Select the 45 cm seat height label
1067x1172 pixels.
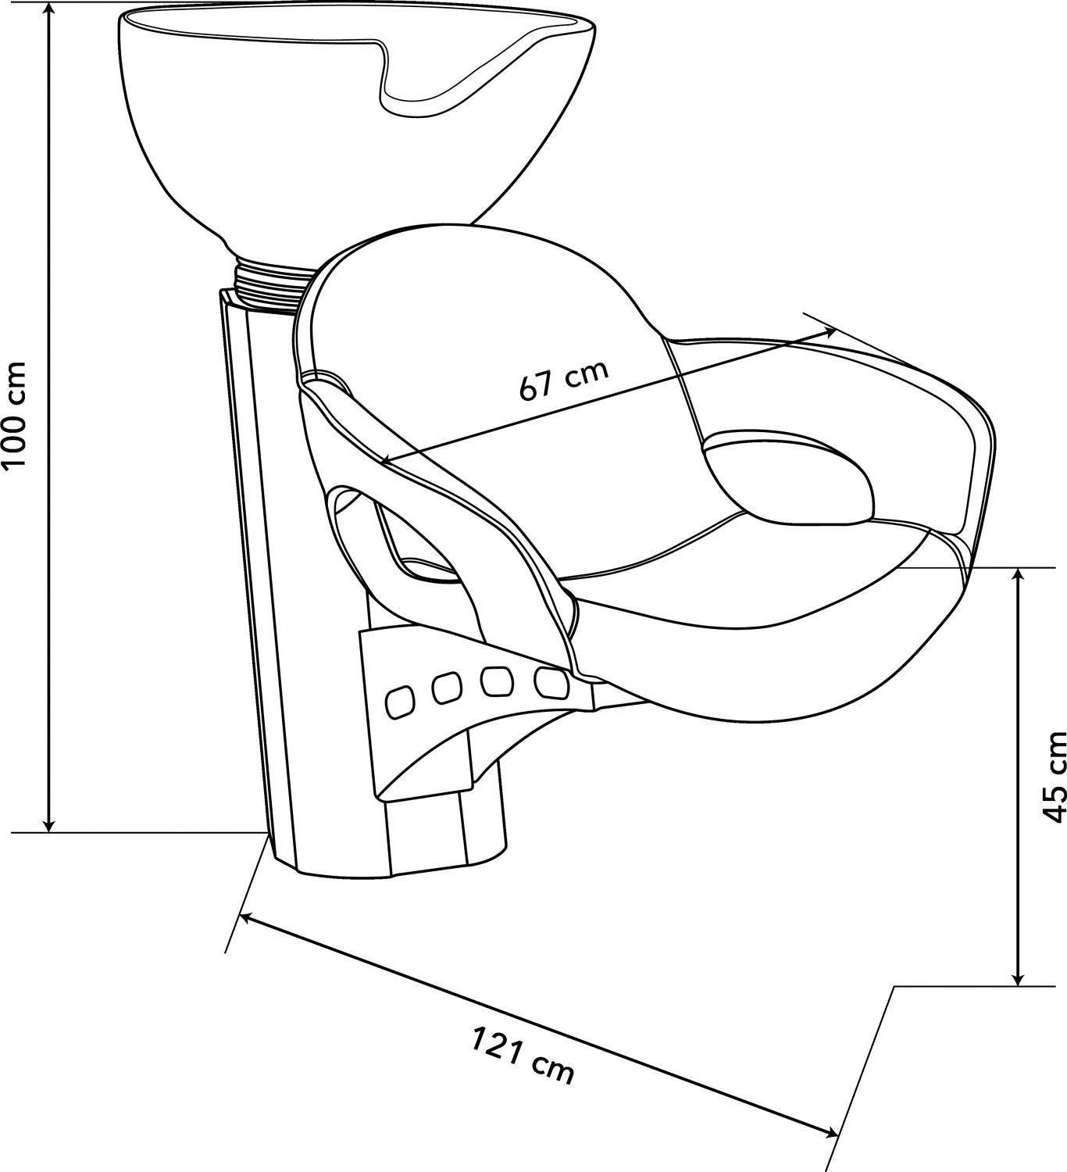pos(1055,777)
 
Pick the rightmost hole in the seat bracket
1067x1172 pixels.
pos(551,682)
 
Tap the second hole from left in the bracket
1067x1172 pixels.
pos(447,689)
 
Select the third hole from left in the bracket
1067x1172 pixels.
pos(497,682)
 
